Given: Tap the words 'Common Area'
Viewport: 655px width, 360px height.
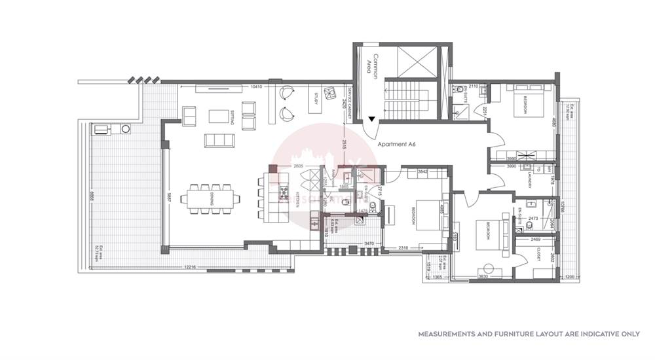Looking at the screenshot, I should [x=372, y=65].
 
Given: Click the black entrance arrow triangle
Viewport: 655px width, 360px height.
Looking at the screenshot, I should [x=371, y=118].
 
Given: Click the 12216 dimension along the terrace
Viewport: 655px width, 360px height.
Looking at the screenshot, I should [x=189, y=266].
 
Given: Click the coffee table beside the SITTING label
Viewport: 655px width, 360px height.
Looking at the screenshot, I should [x=217, y=116].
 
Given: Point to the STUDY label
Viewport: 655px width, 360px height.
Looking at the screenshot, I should [x=315, y=99].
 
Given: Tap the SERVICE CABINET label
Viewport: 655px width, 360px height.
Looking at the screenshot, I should [x=351, y=103].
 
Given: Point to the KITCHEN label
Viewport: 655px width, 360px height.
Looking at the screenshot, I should [x=299, y=199].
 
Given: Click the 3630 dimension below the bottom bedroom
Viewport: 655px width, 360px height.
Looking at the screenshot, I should [x=484, y=278].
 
